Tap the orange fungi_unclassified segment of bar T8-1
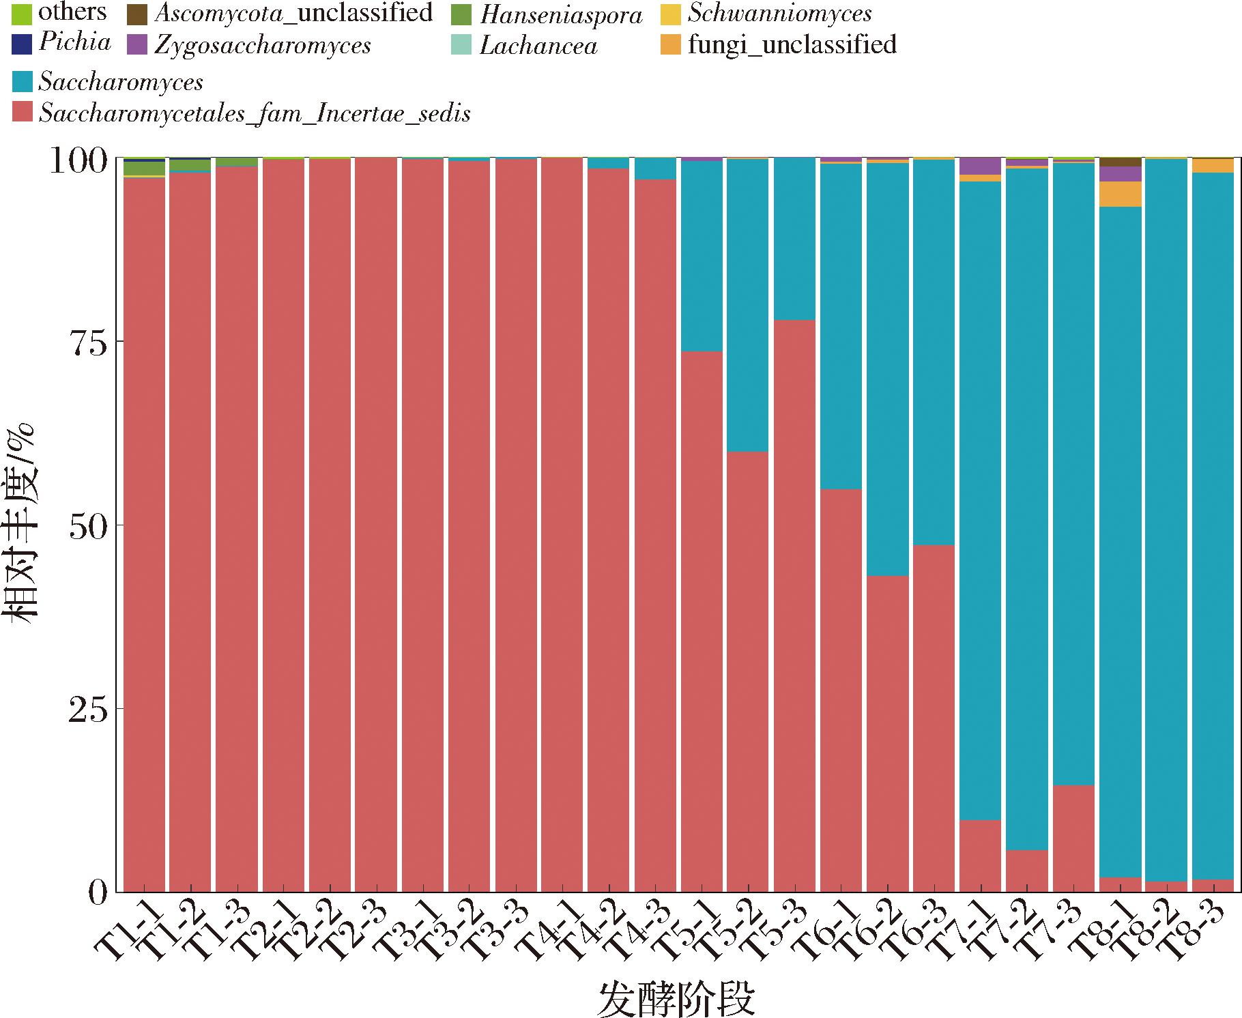pyautogui.click(x=1120, y=194)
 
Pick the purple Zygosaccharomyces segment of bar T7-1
pyautogui.click(x=980, y=166)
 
